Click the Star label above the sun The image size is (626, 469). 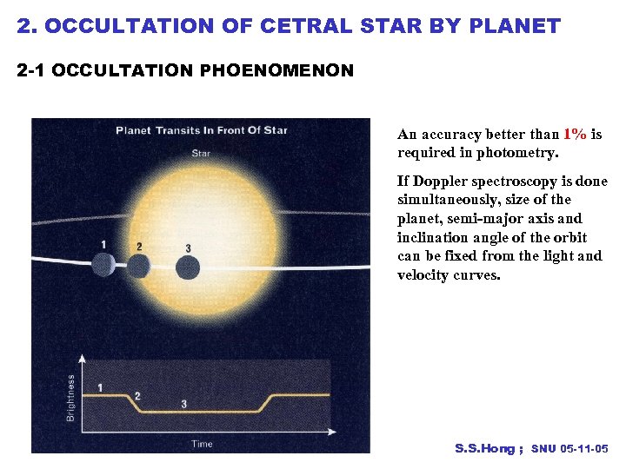(200, 155)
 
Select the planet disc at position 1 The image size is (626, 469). (103, 264)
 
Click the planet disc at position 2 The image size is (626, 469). (138, 265)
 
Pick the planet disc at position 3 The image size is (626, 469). (188, 268)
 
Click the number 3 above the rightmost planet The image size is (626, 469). (189, 248)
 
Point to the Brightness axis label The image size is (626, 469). (71, 397)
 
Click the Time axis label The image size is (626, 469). (202, 444)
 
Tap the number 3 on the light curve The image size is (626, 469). (183, 404)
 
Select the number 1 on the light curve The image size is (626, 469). (100, 387)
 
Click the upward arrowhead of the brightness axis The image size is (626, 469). (83, 357)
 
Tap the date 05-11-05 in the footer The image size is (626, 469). (586, 449)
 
